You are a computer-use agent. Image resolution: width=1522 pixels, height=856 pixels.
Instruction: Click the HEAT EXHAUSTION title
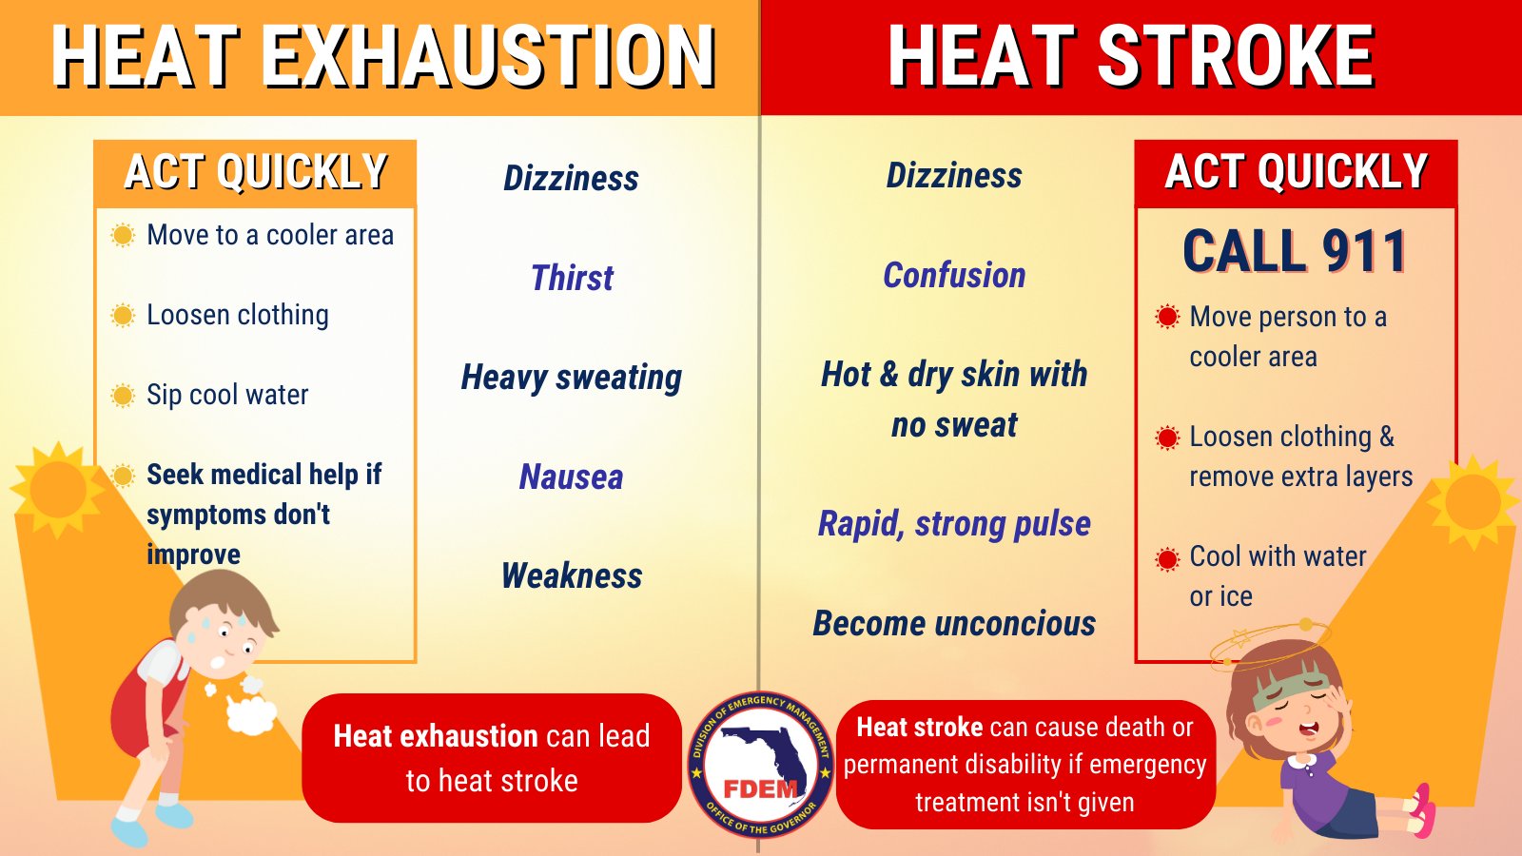pos(383,57)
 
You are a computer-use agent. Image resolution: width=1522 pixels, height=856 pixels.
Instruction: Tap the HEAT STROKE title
pos(1131,57)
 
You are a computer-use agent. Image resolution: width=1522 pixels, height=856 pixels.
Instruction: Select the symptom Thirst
pos(572,278)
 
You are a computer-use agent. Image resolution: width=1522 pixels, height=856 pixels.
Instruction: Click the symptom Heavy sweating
pos(572,378)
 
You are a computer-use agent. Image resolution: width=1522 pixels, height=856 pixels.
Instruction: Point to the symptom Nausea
pos(572,477)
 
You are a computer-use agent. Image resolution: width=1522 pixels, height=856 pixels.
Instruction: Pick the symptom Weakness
pos(572,575)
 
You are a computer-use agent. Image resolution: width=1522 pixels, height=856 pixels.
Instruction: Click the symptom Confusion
pos(954,275)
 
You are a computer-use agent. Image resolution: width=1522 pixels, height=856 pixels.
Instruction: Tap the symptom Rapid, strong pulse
pos(954,523)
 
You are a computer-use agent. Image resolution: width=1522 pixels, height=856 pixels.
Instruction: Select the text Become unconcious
pos(954,623)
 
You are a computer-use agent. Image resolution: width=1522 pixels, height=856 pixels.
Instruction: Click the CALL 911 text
pos(1295,251)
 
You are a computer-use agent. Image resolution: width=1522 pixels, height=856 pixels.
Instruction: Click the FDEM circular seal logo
pos(760,765)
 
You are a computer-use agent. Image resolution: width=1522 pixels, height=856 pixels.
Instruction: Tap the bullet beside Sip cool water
pos(123,395)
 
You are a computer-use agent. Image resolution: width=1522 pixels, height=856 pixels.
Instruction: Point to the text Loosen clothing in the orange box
pos(238,315)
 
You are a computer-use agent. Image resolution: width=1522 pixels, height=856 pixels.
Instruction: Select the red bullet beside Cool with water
pos(1167,558)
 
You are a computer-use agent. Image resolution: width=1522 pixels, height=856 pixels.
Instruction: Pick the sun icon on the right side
pos(1472,501)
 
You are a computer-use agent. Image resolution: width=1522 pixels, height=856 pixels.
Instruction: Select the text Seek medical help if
pos(263,474)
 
